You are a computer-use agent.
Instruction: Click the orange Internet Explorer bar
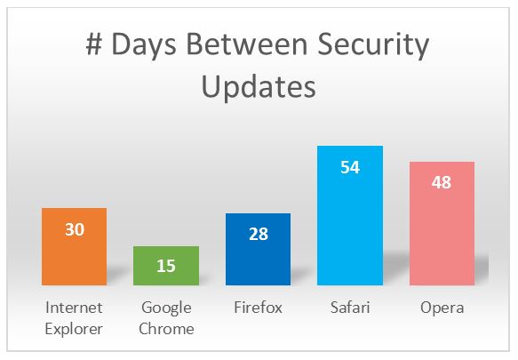click(75, 246)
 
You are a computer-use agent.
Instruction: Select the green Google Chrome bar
click(166, 266)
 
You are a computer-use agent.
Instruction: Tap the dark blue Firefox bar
click(258, 249)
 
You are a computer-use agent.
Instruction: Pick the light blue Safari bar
click(350, 215)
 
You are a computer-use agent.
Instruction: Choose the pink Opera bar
click(442, 223)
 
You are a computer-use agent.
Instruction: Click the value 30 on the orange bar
click(75, 229)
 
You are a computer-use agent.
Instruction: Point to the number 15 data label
click(166, 266)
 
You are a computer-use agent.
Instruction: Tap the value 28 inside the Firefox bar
click(259, 234)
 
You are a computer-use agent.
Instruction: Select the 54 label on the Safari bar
click(350, 167)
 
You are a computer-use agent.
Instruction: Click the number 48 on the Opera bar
click(442, 182)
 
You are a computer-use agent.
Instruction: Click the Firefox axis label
click(258, 307)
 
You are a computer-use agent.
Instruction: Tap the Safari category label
click(350, 307)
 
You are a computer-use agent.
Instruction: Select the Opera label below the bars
click(442, 308)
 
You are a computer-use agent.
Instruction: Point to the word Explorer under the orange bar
click(74, 329)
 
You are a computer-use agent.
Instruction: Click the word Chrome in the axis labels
click(166, 329)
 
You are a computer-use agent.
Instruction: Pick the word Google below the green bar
click(166, 308)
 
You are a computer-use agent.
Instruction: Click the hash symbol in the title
click(94, 44)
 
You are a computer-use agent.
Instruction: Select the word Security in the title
click(373, 46)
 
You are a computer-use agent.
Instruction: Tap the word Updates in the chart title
click(259, 86)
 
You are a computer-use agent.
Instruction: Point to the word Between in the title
click(247, 44)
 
